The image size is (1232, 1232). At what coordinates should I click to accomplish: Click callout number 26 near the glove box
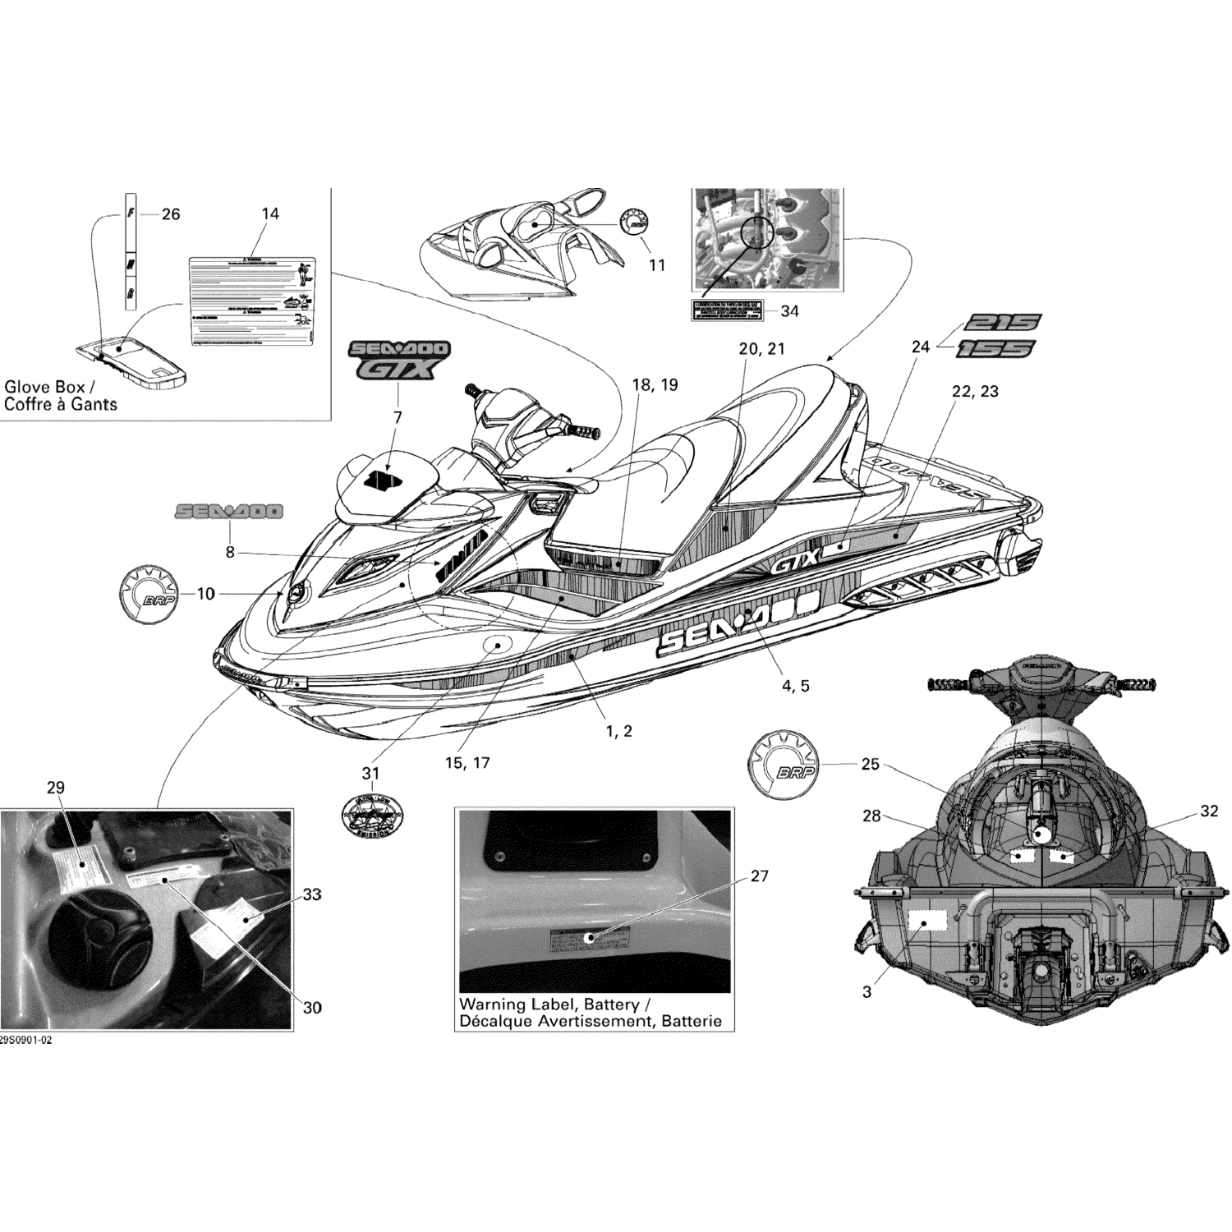170,214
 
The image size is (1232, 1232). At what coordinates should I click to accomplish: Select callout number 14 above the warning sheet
269,214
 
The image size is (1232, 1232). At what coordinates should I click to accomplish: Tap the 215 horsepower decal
1001,321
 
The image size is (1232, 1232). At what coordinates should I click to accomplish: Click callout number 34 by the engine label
789,311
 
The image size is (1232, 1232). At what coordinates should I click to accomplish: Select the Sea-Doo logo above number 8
228,512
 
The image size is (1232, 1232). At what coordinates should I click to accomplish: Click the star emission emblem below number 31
371,816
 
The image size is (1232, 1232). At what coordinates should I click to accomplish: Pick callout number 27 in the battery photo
760,876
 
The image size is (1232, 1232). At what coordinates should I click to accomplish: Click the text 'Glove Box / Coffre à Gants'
61,395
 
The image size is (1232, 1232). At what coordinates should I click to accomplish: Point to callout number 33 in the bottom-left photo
311,894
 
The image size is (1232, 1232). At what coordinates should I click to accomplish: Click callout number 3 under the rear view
867,992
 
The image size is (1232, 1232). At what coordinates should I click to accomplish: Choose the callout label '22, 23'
975,392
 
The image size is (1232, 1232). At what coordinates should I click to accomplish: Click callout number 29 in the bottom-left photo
55,788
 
